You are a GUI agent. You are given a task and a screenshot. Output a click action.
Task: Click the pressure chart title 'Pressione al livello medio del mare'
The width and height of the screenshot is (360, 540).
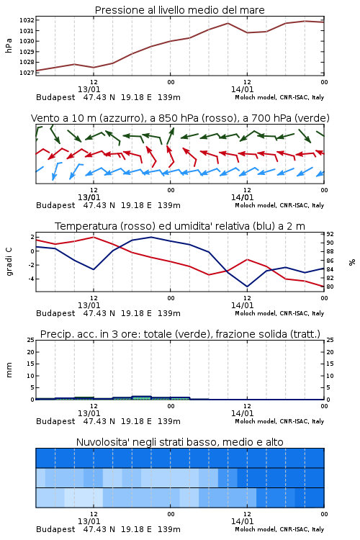coord(179,10)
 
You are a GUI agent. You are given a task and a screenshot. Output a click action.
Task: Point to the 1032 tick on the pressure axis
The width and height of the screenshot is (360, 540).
coord(27,20)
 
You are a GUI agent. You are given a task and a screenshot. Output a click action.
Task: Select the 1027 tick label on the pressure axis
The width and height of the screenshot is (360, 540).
coord(27,73)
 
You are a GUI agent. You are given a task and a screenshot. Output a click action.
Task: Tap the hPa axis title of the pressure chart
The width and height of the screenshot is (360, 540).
coord(9,45)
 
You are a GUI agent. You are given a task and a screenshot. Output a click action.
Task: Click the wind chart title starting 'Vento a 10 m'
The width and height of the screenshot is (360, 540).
coord(180,118)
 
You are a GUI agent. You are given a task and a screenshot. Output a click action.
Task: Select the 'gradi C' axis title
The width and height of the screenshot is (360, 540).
coord(9,262)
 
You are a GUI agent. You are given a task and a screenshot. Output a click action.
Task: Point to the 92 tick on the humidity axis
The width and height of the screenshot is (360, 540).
coord(330,234)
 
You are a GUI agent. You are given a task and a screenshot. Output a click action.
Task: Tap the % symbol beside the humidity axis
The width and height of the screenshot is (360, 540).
coord(352,262)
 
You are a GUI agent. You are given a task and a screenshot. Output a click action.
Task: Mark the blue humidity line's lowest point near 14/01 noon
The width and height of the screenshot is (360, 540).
coord(247,287)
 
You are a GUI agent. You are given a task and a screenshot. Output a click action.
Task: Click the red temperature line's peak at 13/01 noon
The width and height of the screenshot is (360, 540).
coord(94,237)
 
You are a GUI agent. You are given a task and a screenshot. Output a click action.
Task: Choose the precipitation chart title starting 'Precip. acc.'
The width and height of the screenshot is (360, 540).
coord(180,334)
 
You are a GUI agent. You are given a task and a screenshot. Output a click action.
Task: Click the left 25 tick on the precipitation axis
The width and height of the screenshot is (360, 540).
coord(30,340)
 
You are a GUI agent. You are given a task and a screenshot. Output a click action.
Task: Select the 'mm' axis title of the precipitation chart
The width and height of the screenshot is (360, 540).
coord(9,370)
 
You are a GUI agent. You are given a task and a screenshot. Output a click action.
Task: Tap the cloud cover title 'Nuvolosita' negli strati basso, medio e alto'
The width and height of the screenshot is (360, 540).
coord(179,442)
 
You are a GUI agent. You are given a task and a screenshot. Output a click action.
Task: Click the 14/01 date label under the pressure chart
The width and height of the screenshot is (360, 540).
coord(242,89)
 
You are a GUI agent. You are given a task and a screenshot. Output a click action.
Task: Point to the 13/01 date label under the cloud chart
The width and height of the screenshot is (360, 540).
coord(89,521)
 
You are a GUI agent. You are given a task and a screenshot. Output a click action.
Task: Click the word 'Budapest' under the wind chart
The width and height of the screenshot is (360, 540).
coord(55,206)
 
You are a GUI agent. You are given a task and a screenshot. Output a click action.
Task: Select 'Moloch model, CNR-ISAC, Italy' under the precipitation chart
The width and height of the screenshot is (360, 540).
coord(279,421)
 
